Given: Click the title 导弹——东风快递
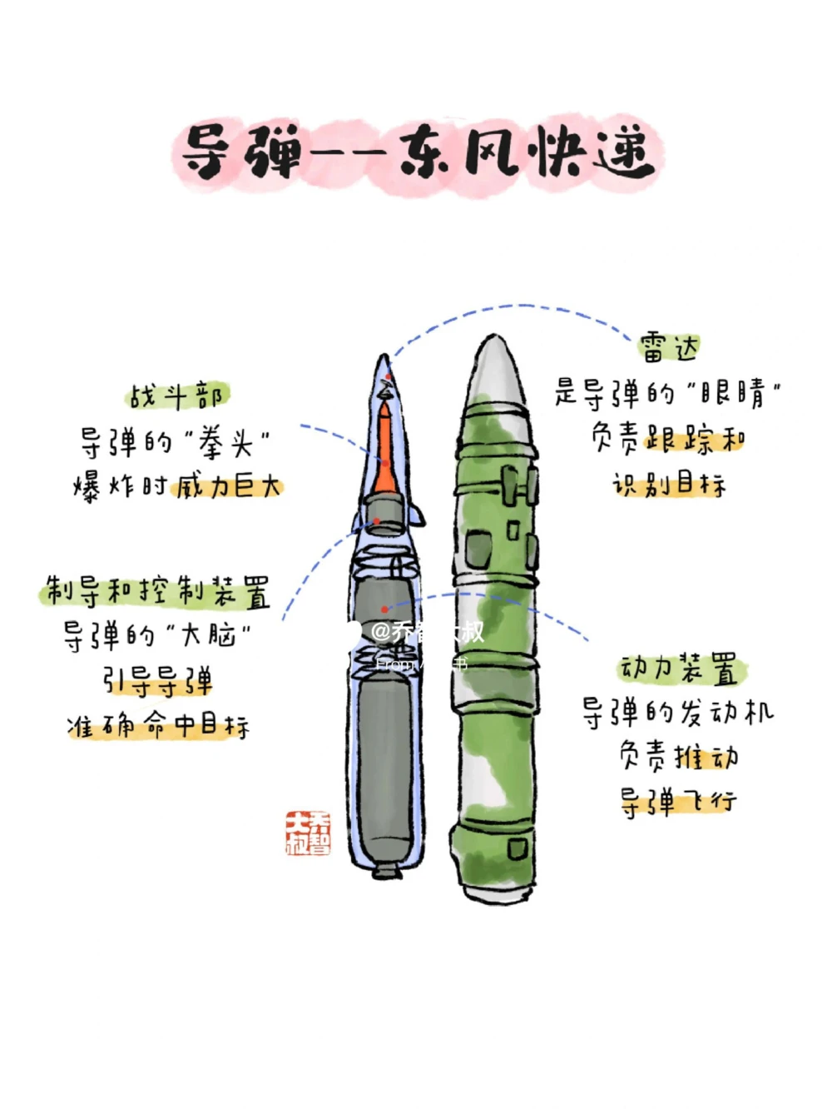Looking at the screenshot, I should pos(416,155).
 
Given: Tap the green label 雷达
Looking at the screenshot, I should pos(669,346).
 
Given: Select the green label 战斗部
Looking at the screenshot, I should pos(176,396).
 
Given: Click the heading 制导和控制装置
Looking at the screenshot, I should pos(156,592).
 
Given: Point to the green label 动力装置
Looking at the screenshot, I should pos(679,669).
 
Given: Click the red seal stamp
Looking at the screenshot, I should pos(307,833).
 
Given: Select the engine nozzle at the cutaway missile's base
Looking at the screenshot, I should pos(385,870).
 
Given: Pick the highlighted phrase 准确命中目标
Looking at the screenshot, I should pos(158,726).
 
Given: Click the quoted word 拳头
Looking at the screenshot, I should pos(225,442).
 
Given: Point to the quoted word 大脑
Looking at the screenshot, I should pos(209,635).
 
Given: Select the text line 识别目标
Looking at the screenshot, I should pos(669,484).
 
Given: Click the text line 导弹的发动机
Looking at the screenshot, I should pos(677,713).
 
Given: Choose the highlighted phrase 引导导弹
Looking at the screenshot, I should pos(157,682).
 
